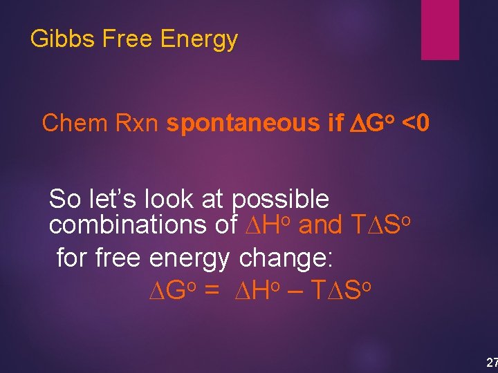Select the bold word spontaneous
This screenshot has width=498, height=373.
[x=242, y=123]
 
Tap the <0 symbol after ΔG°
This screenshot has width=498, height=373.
[x=416, y=123]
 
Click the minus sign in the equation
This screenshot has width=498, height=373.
[x=294, y=291]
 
